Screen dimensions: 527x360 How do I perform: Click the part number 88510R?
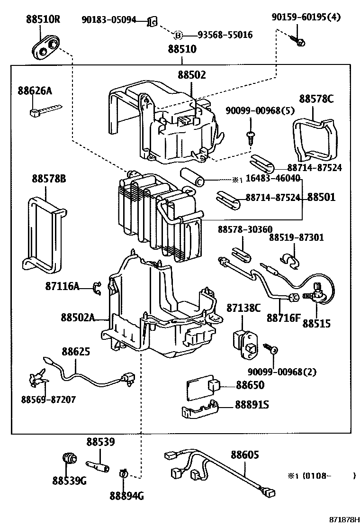tap(43, 20)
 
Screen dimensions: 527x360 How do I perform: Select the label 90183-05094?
tap(109, 20)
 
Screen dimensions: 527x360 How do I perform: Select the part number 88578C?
tap(316, 99)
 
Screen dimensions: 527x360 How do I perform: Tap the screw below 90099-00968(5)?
tap(250, 136)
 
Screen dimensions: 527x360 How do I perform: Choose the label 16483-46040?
tap(272, 178)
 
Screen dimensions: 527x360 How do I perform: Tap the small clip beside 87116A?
tap(98, 287)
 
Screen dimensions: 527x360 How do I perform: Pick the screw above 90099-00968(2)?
tap(272, 349)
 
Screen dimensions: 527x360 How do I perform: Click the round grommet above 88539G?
tap(70, 459)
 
